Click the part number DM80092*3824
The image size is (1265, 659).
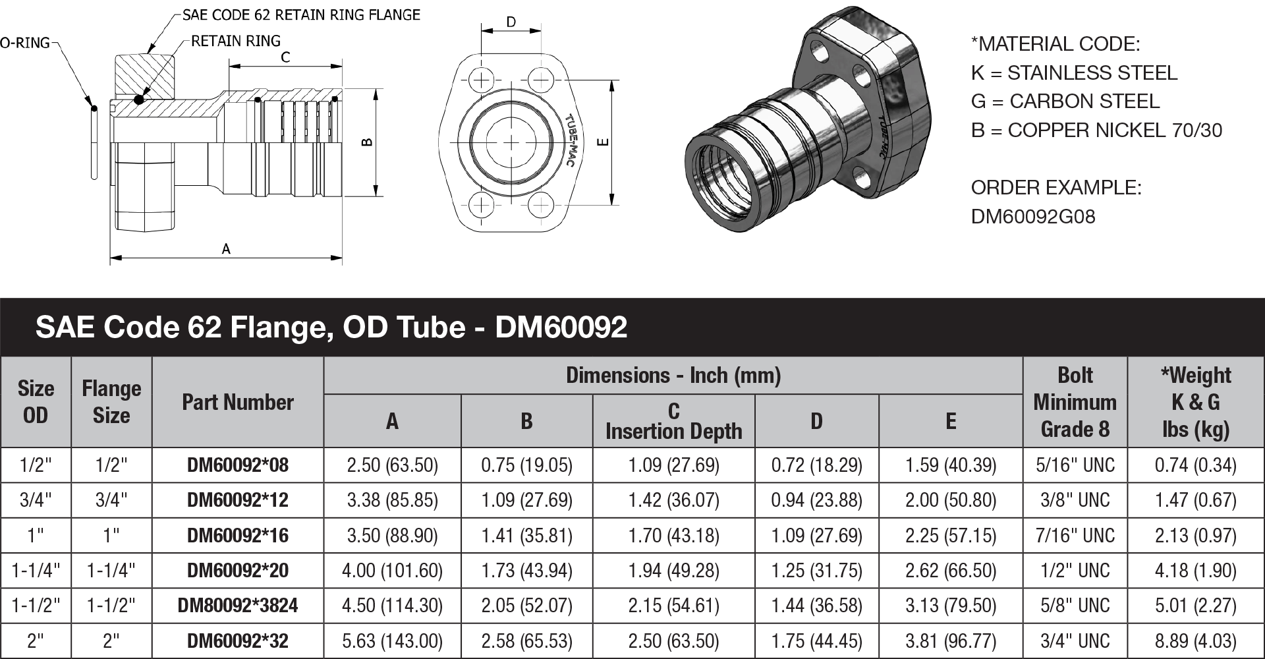[x=237, y=605]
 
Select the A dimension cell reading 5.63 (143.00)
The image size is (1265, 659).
[x=392, y=641]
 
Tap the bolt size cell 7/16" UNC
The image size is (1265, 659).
[x=1075, y=535]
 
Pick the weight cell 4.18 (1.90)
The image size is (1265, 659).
[x=1195, y=570]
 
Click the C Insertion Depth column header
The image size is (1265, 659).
[x=673, y=421]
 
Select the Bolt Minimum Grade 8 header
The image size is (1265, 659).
[x=1075, y=402]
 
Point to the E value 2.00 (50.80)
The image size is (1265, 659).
[x=950, y=500]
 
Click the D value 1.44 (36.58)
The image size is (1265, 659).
[x=816, y=605]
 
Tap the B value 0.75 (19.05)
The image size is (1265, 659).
[x=526, y=465]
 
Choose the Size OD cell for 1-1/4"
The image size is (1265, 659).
[x=36, y=570]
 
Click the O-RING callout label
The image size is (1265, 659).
[x=24, y=43]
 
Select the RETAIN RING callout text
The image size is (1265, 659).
[x=235, y=41]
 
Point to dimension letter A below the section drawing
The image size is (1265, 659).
[x=226, y=249]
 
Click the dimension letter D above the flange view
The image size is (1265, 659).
[x=511, y=22]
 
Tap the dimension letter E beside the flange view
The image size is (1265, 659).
[x=604, y=142]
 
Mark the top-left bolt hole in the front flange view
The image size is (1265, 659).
[x=482, y=81]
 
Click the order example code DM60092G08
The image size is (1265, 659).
[x=1032, y=217]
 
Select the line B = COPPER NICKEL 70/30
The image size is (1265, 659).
[x=1096, y=130]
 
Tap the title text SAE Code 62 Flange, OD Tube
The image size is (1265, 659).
[x=250, y=327]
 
